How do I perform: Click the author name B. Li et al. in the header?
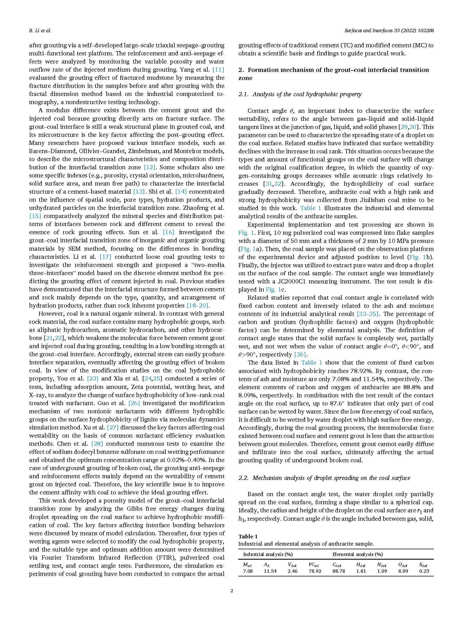[40, 31]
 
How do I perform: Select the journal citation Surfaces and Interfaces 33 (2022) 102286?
[389, 31]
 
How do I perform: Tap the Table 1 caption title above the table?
[248, 536]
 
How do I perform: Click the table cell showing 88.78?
[338, 571]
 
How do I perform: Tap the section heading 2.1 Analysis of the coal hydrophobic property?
[300, 94]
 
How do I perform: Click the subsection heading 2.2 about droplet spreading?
[324, 478]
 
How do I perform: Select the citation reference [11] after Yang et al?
[218, 70]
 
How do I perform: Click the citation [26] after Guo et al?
[134, 403]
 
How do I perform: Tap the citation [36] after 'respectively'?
[300, 355]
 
